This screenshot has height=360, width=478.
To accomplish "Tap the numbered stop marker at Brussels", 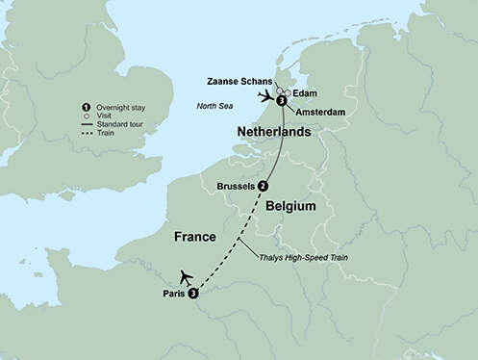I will pyautogui.click(x=263, y=186).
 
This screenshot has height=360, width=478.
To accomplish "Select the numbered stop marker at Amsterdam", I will pyautogui.click(x=281, y=100).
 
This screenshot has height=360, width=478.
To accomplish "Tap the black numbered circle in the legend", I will pyautogui.click(x=88, y=104).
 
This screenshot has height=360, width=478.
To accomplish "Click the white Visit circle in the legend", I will pyautogui.click(x=88, y=114).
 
